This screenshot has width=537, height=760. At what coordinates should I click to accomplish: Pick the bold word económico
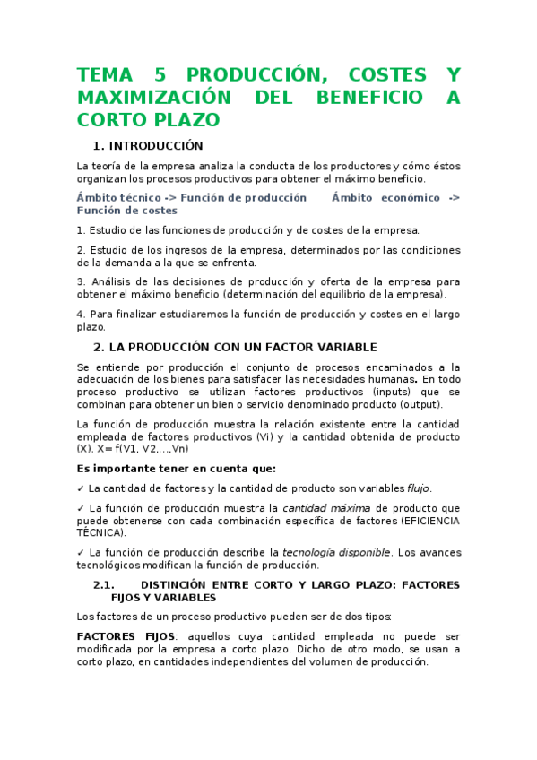tap(409, 198)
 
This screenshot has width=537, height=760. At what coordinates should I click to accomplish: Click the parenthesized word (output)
tap(429, 405)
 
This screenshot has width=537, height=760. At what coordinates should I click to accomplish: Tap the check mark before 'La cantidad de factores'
tap(81, 488)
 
